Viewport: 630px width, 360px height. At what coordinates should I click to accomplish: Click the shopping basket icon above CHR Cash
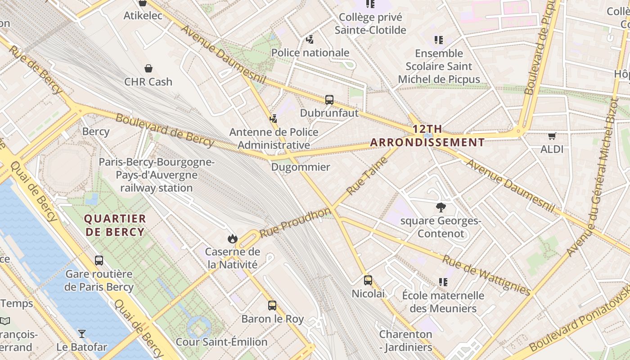148,68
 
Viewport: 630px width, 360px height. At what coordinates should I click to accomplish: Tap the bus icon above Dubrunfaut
329,99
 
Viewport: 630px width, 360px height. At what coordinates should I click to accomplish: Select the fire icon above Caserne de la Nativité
232,238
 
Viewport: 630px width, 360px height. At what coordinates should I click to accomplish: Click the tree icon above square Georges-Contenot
441,207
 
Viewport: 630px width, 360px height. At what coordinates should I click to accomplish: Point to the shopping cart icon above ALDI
552,136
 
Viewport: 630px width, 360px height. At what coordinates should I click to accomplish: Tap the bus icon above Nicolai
368,280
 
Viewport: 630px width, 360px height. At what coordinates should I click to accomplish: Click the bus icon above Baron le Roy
272,306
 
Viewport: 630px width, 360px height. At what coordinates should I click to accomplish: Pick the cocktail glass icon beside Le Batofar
81,334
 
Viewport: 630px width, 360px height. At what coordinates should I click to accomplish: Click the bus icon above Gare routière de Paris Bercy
99,260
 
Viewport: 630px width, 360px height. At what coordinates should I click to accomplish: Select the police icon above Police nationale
310,40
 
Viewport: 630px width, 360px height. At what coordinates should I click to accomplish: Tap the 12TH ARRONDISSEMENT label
427,136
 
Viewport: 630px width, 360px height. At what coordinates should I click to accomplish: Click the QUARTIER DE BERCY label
115,225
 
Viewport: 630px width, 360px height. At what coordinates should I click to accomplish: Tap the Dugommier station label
301,167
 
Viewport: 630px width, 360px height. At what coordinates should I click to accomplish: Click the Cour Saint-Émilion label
221,342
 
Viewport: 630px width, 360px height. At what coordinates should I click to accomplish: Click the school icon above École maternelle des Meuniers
443,282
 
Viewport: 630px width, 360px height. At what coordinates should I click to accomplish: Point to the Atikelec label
143,16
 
